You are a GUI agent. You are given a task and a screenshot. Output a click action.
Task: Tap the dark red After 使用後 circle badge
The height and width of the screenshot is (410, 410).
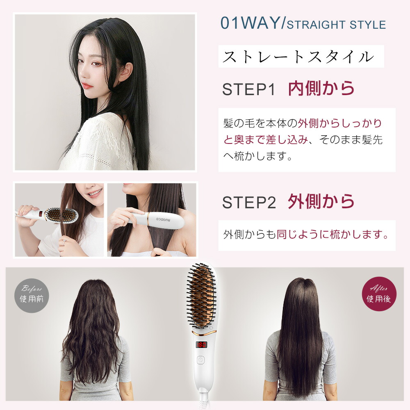(x=379, y=294)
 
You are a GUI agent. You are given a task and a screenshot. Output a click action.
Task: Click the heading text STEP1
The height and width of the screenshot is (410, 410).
(x=249, y=90)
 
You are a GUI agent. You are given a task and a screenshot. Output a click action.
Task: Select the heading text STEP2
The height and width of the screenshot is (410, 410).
(x=249, y=202)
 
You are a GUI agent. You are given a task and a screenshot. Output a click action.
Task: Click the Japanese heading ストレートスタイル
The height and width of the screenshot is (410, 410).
(x=298, y=57)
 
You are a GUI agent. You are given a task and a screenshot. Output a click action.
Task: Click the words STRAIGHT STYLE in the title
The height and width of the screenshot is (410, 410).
(x=336, y=25)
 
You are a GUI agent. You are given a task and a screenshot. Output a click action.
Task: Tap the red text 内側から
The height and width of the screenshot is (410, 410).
(x=321, y=89)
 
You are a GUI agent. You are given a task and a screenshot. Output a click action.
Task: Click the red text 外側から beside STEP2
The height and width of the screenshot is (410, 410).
(x=321, y=201)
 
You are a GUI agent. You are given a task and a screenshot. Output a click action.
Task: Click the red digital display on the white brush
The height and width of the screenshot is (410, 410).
(x=202, y=345)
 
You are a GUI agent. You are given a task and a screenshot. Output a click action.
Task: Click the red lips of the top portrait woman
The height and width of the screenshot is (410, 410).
(x=86, y=86)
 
